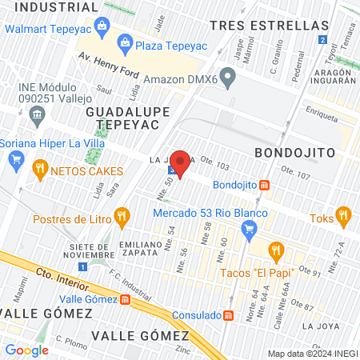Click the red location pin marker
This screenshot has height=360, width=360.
pyautogui.click(x=180, y=163)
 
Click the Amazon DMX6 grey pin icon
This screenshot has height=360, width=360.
pyautogui.click(x=228, y=78)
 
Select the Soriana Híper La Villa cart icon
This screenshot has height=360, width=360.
pyautogui.click(x=15, y=160)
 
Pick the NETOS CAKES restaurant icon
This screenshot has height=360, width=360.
pyautogui.click(x=39, y=170)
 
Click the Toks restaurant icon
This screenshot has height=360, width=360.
pyautogui.click(x=343, y=214)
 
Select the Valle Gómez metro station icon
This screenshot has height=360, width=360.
pyautogui.click(x=125, y=299)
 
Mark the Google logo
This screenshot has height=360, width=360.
pyautogui.click(x=26, y=350)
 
